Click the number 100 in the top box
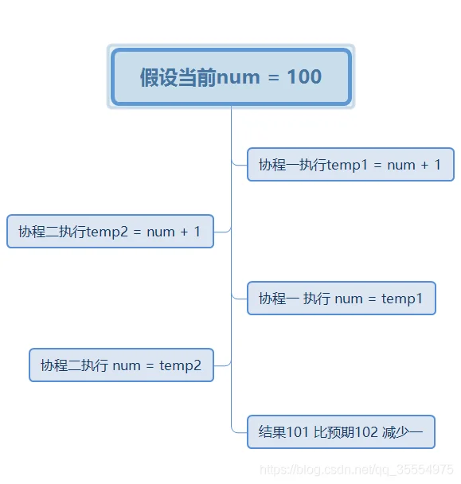coord(304,76)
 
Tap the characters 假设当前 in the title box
coord(178,77)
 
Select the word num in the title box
coord(238,78)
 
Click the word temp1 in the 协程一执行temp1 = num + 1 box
coord(347,165)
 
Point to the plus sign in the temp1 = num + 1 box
coord(425,165)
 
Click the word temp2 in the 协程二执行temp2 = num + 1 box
coord(107,232)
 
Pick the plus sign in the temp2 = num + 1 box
coord(185,232)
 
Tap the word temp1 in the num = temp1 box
coord(402,299)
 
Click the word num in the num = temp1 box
coord(349,299)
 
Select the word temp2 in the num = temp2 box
coord(180,365)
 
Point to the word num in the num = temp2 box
coord(127,366)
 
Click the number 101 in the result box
coord(298,432)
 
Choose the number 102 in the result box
coord(366,432)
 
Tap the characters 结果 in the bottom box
coord(272,432)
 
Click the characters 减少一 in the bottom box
coord(402,432)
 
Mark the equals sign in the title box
coord(274,77)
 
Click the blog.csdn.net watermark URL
coord(357,470)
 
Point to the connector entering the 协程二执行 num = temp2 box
coord(222,365)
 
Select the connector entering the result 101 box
coord(240,431)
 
